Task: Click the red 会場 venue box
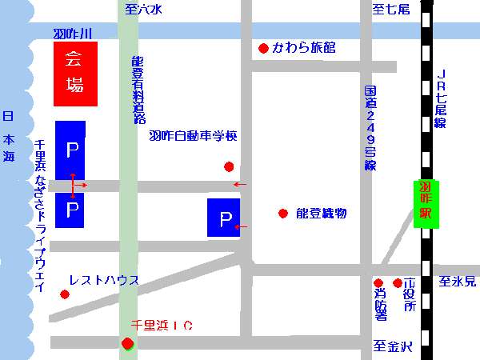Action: point(75,74)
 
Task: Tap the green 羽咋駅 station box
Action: point(428,203)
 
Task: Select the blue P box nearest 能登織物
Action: point(225,218)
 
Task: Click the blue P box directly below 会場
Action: point(70,150)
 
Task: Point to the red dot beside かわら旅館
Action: point(263,49)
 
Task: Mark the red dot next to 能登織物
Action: point(282,214)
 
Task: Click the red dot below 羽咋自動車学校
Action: point(229,167)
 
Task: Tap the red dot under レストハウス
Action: point(65,294)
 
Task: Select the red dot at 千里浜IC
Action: point(126,344)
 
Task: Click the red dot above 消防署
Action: point(378,283)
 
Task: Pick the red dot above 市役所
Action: point(398,283)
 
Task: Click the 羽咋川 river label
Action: point(73,34)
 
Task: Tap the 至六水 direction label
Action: point(143,10)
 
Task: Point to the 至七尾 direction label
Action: point(391,10)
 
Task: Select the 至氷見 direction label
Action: point(457,282)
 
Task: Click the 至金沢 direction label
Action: point(393,346)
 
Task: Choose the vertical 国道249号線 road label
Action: point(370,128)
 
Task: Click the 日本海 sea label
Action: point(9,137)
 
